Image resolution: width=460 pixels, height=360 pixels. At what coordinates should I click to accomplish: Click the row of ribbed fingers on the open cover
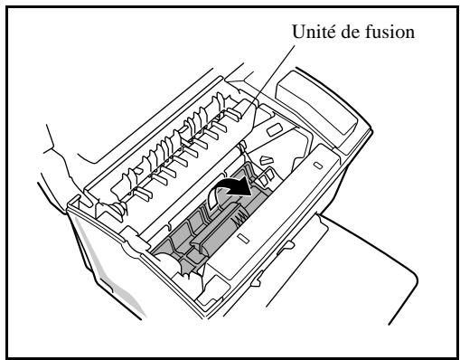pyautogui.click(x=181, y=145)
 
